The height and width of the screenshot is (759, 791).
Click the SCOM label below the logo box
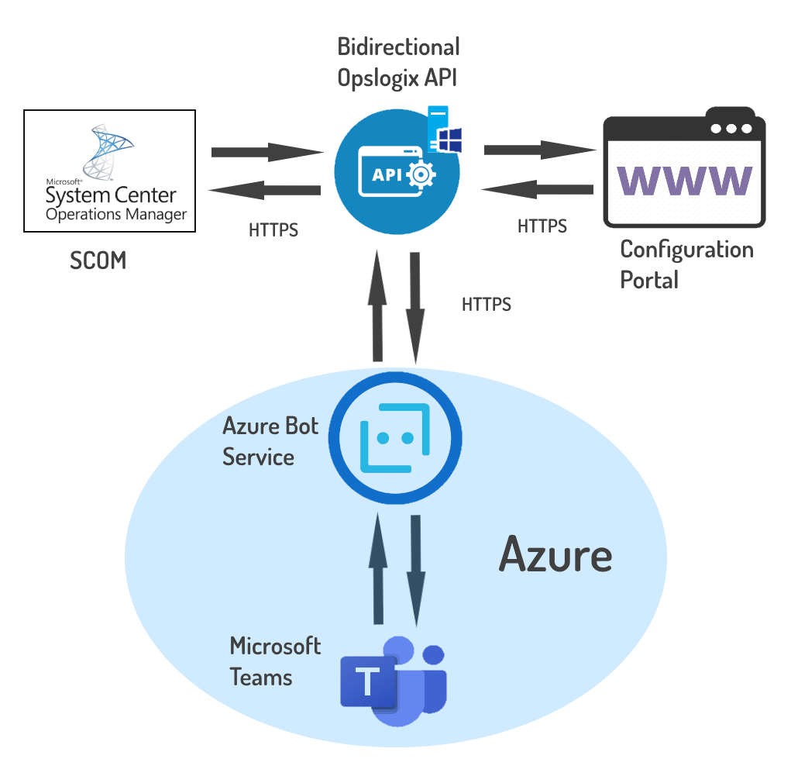pyautogui.click(x=98, y=260)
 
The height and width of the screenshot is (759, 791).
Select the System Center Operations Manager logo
pyautogui.click(x=108, y=171)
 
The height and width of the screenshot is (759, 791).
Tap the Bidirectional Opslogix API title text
pyautogui.click(x=398, y=62)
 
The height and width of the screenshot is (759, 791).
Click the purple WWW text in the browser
pyautogui.click(x=685, y=180)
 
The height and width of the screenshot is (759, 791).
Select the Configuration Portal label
pyautogui.click(x=686, y=264)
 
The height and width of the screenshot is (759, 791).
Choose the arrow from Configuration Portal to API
pyautogui.click(x=537, y=188)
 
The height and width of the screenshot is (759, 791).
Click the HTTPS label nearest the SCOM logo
pyautogui.click(x=273, y=230)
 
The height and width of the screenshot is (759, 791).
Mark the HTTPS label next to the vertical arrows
pyautogui.click(x=487, y=304)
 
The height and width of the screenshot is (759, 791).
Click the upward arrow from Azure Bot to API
pyautogui.click(x=378, y=305)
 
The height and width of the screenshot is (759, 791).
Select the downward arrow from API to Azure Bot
pyautogui.click(x=416, y=307)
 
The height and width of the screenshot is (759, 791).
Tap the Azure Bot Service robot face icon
pyautogui.click(x=395, y=440)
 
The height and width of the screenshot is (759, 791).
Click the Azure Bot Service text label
pyautogui.click(x=270, y=441)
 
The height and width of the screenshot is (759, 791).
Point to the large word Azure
pyautogui.click(x=555, y=555)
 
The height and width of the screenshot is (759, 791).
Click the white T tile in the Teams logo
pyautogui.click(x=368, y=683)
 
